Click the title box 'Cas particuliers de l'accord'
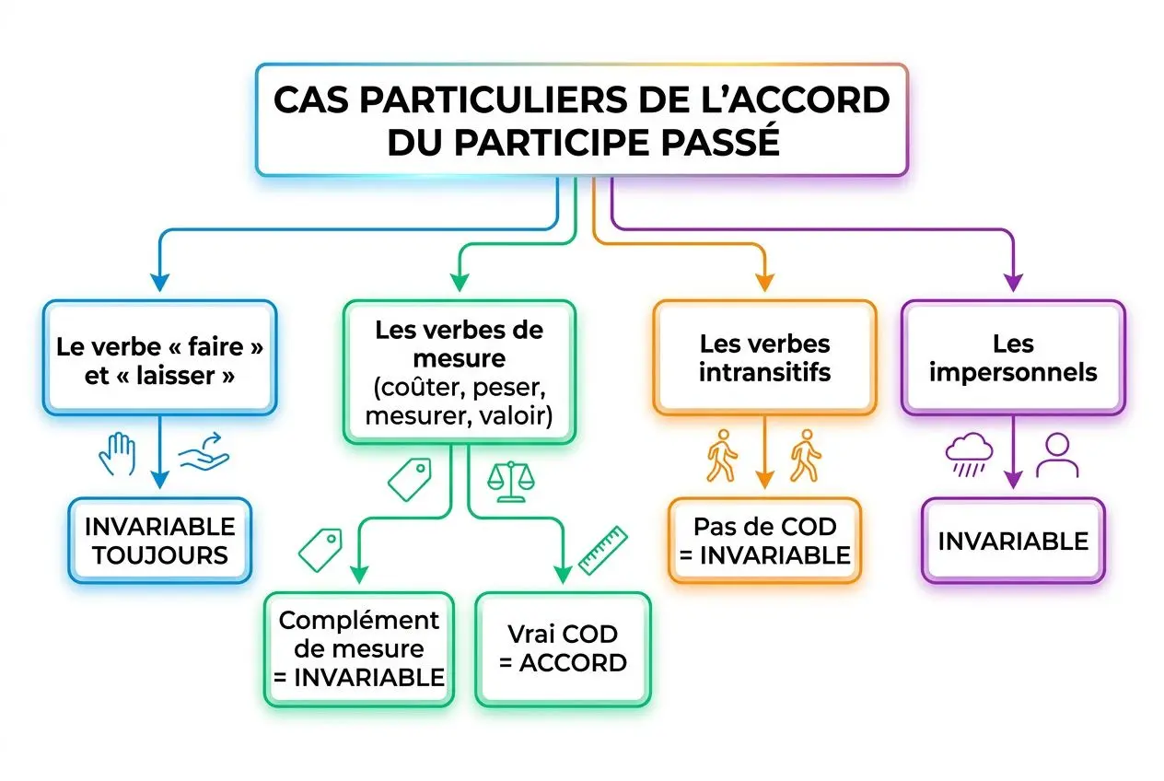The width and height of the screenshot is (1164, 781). [581, 120]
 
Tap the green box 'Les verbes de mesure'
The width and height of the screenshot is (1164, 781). [459, 370]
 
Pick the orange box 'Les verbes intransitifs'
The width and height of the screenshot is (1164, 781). [764, 357]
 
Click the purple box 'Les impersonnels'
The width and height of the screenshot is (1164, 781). [1012, 357]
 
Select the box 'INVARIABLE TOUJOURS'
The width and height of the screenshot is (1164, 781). [159, 541]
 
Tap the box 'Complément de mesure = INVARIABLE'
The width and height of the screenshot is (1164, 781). [358, 649]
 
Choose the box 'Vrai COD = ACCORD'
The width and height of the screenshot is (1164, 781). [562, 648]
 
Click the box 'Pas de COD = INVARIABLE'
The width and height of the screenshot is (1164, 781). [764, 541]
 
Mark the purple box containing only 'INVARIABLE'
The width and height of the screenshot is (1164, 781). [1012, 541]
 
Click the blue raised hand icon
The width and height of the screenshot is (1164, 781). [118, 455]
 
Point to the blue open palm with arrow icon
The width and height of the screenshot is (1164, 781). [204, 455]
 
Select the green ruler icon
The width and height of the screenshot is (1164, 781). [602, 549]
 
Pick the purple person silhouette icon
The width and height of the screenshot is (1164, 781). [1056, 455]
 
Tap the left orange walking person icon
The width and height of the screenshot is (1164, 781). [721, 455]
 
